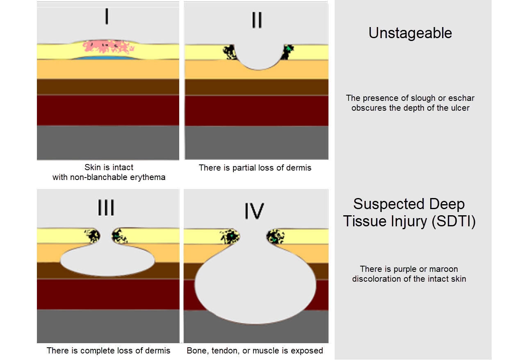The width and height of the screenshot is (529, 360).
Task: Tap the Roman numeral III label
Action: pyautogui.click(x=106, y=208)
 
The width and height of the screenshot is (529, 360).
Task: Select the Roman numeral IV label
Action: pyautogui.click(x=254, y=210)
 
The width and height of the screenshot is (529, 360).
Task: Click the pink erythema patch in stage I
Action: pyautogui.click(x=109, y=47)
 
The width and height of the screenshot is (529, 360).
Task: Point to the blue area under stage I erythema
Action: pyautogui.click(x=107, y=58)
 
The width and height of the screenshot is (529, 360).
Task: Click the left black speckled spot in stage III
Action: pyautogui.click(x=93, y=236)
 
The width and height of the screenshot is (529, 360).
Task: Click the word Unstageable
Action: pyautogui.click(x=410, y=33)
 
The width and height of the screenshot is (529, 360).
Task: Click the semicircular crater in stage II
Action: pyautogui.click(x=257, y=55)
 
